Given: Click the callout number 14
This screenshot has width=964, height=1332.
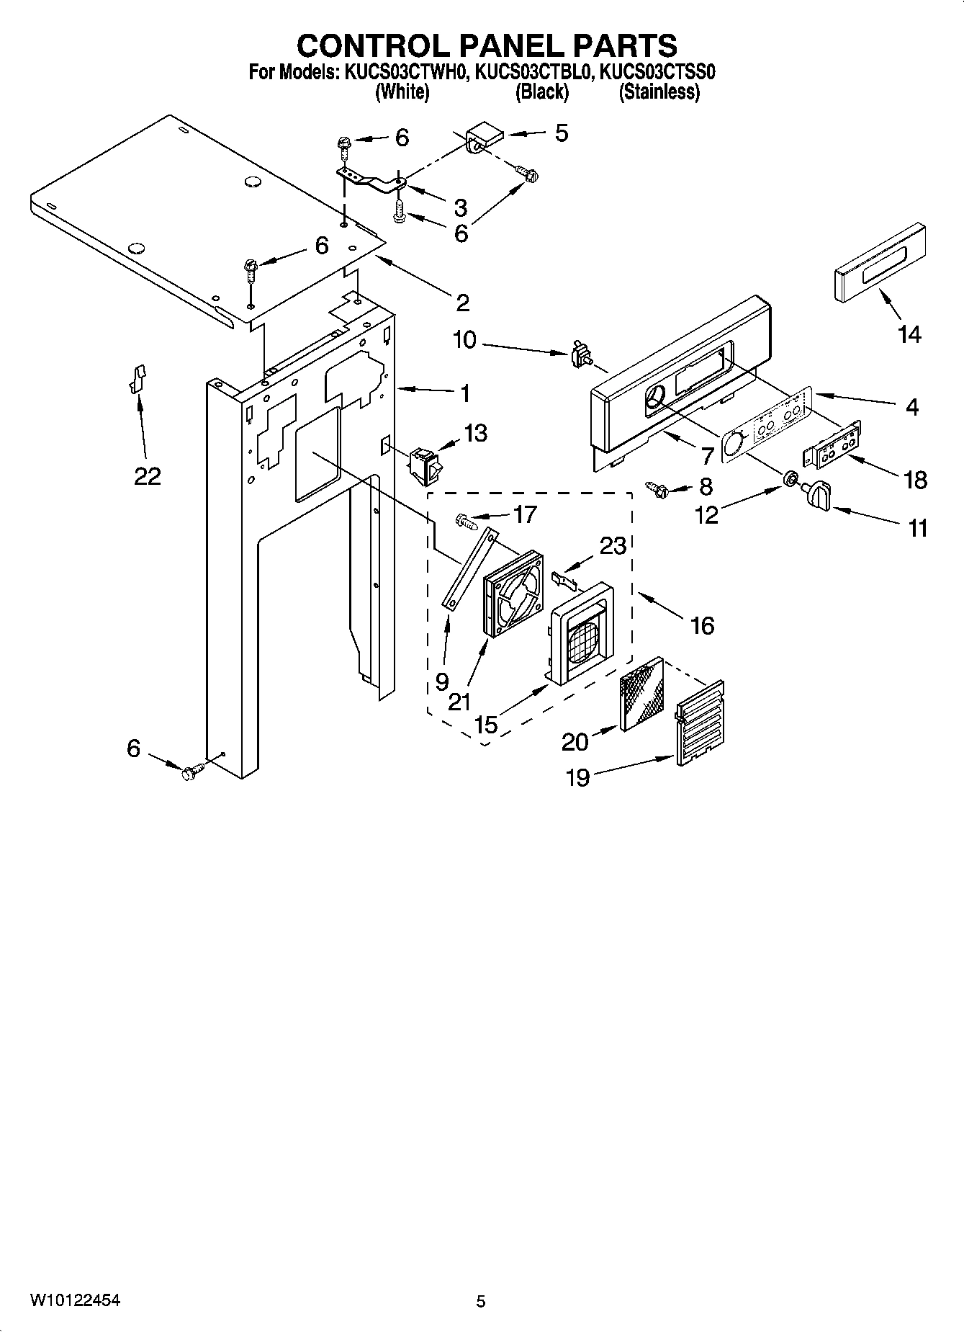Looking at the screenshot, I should coord(909,334).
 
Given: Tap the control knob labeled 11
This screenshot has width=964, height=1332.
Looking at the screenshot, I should coord(819,496).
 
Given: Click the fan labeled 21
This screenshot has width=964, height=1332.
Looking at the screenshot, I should coord(513,593).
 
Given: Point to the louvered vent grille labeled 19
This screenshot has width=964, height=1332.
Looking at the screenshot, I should coord(700,723).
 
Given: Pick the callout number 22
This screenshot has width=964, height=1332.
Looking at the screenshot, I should coord(147,476).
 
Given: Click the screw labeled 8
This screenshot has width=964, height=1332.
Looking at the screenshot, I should coord(657,489).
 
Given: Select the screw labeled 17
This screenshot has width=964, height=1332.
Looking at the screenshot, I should coord(466,520).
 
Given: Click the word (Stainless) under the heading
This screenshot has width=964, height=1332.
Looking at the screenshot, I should coord(659,92).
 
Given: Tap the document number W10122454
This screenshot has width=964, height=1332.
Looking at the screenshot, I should coord(75,1300).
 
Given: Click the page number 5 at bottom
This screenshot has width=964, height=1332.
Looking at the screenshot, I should coord(481,1301).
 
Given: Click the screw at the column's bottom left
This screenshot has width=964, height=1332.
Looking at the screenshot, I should coord(192,772).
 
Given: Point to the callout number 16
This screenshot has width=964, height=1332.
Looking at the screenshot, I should coord(702,625).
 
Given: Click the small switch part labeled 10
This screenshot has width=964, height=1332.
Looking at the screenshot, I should coord(580,355).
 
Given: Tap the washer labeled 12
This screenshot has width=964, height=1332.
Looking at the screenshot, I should coord(790,478).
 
